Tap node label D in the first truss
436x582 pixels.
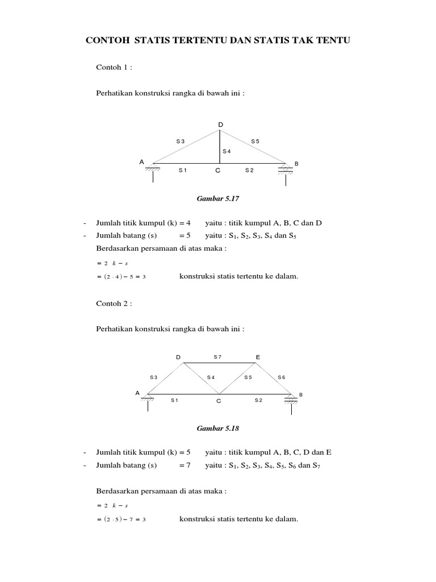click(221, 124)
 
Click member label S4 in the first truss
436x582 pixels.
click(227, 151)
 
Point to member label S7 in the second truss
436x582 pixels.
click(217, 357)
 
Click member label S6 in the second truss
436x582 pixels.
click(282, 377)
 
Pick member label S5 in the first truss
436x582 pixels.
click(255, 141)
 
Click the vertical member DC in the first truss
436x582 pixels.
click(220, 146)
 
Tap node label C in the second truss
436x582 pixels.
click(218, 401)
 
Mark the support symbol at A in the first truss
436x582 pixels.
click(153, 171)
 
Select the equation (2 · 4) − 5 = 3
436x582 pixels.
click(121, 277)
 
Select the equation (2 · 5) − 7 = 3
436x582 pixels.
click(121, 519)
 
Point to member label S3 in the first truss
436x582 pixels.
click(180, 141)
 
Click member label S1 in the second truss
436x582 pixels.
click(175, 400)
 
